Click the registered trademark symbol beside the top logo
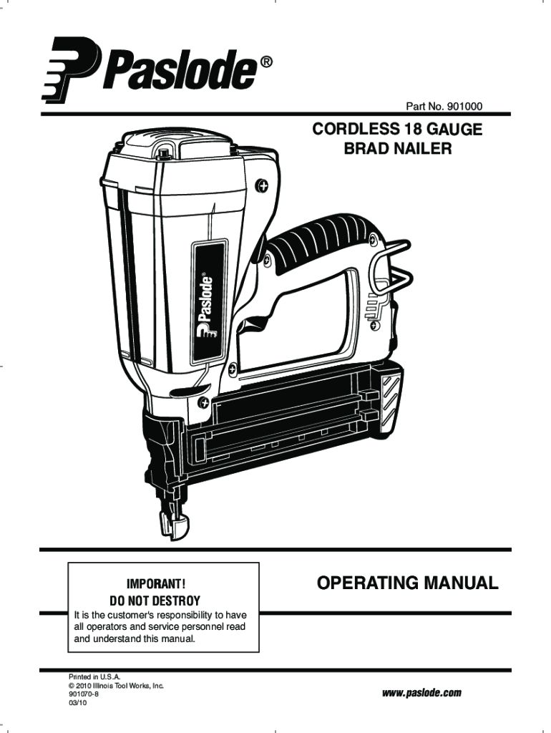click(265, 63)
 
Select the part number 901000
click(464, 107)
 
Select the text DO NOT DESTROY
click(154, 600)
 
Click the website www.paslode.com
click(422, 693)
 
